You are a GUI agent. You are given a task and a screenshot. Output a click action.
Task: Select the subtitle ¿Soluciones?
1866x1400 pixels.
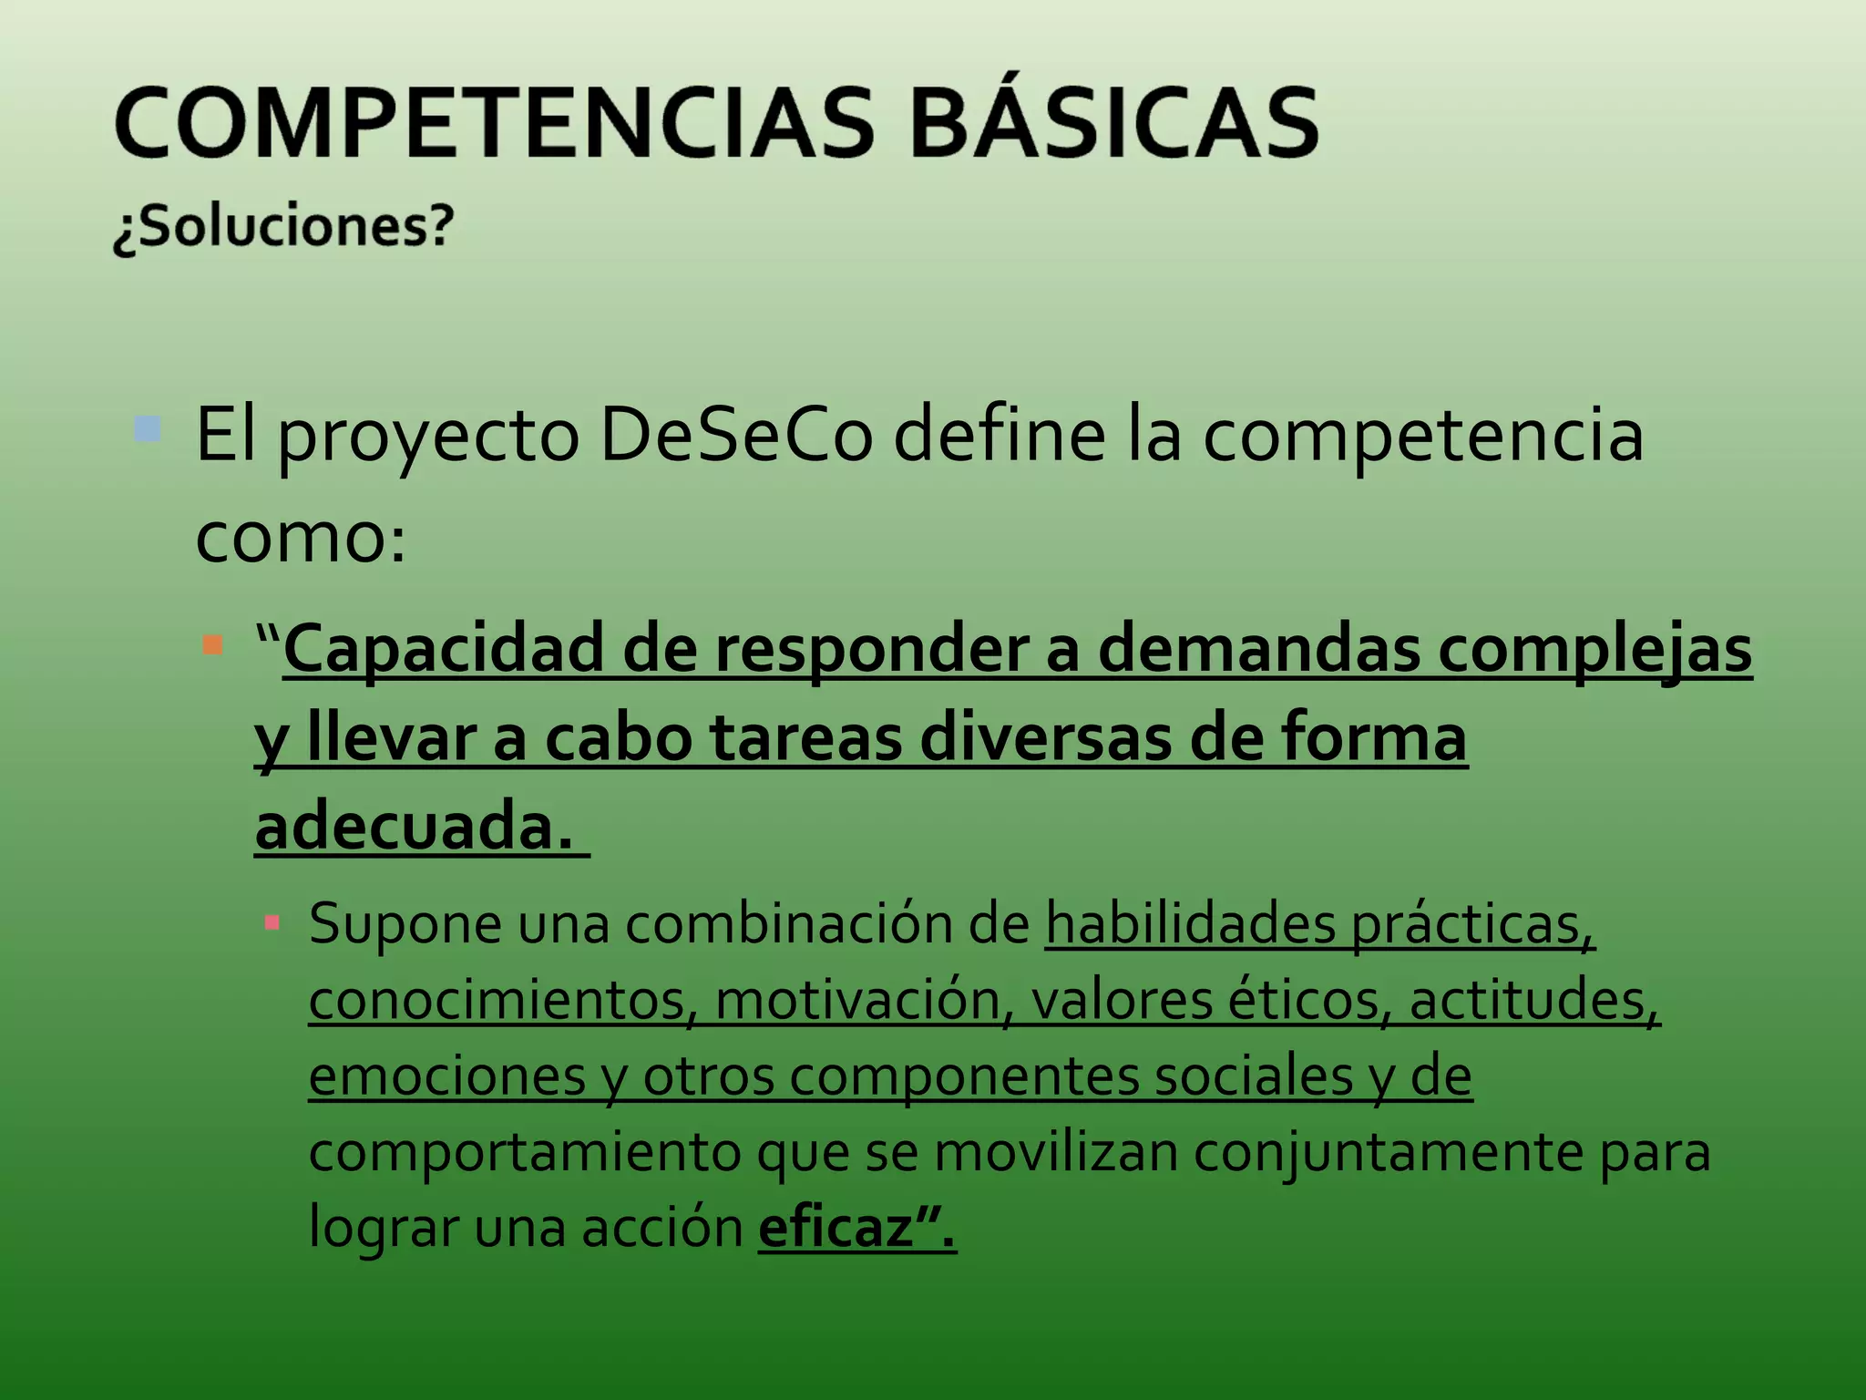pos(283,227)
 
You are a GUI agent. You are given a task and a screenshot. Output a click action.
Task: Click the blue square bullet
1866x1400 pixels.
pos(147,428)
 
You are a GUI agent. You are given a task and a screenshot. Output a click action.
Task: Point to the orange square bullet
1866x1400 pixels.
pos(212,645)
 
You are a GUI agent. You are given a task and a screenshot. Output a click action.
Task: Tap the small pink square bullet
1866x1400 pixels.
pos(272,923)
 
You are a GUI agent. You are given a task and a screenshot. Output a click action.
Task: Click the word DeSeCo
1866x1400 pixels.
pos(736,435)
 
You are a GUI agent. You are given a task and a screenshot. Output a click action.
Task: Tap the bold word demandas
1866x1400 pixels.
pos(1258,649)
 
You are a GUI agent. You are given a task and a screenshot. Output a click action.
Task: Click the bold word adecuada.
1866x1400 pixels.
pos(415,826)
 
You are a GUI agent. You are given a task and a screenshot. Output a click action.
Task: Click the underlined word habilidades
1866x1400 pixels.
pos(1190,924)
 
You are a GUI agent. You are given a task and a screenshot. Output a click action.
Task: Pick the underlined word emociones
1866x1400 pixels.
pos(446,1076)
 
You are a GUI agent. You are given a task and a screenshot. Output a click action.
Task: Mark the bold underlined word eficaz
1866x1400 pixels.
pos(836,1229)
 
